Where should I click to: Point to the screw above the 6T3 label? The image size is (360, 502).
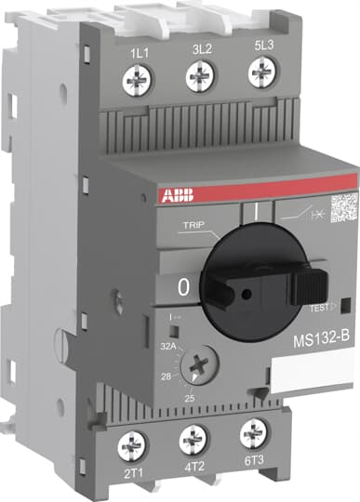[251, 432]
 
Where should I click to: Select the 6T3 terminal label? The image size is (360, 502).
[251, 460]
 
